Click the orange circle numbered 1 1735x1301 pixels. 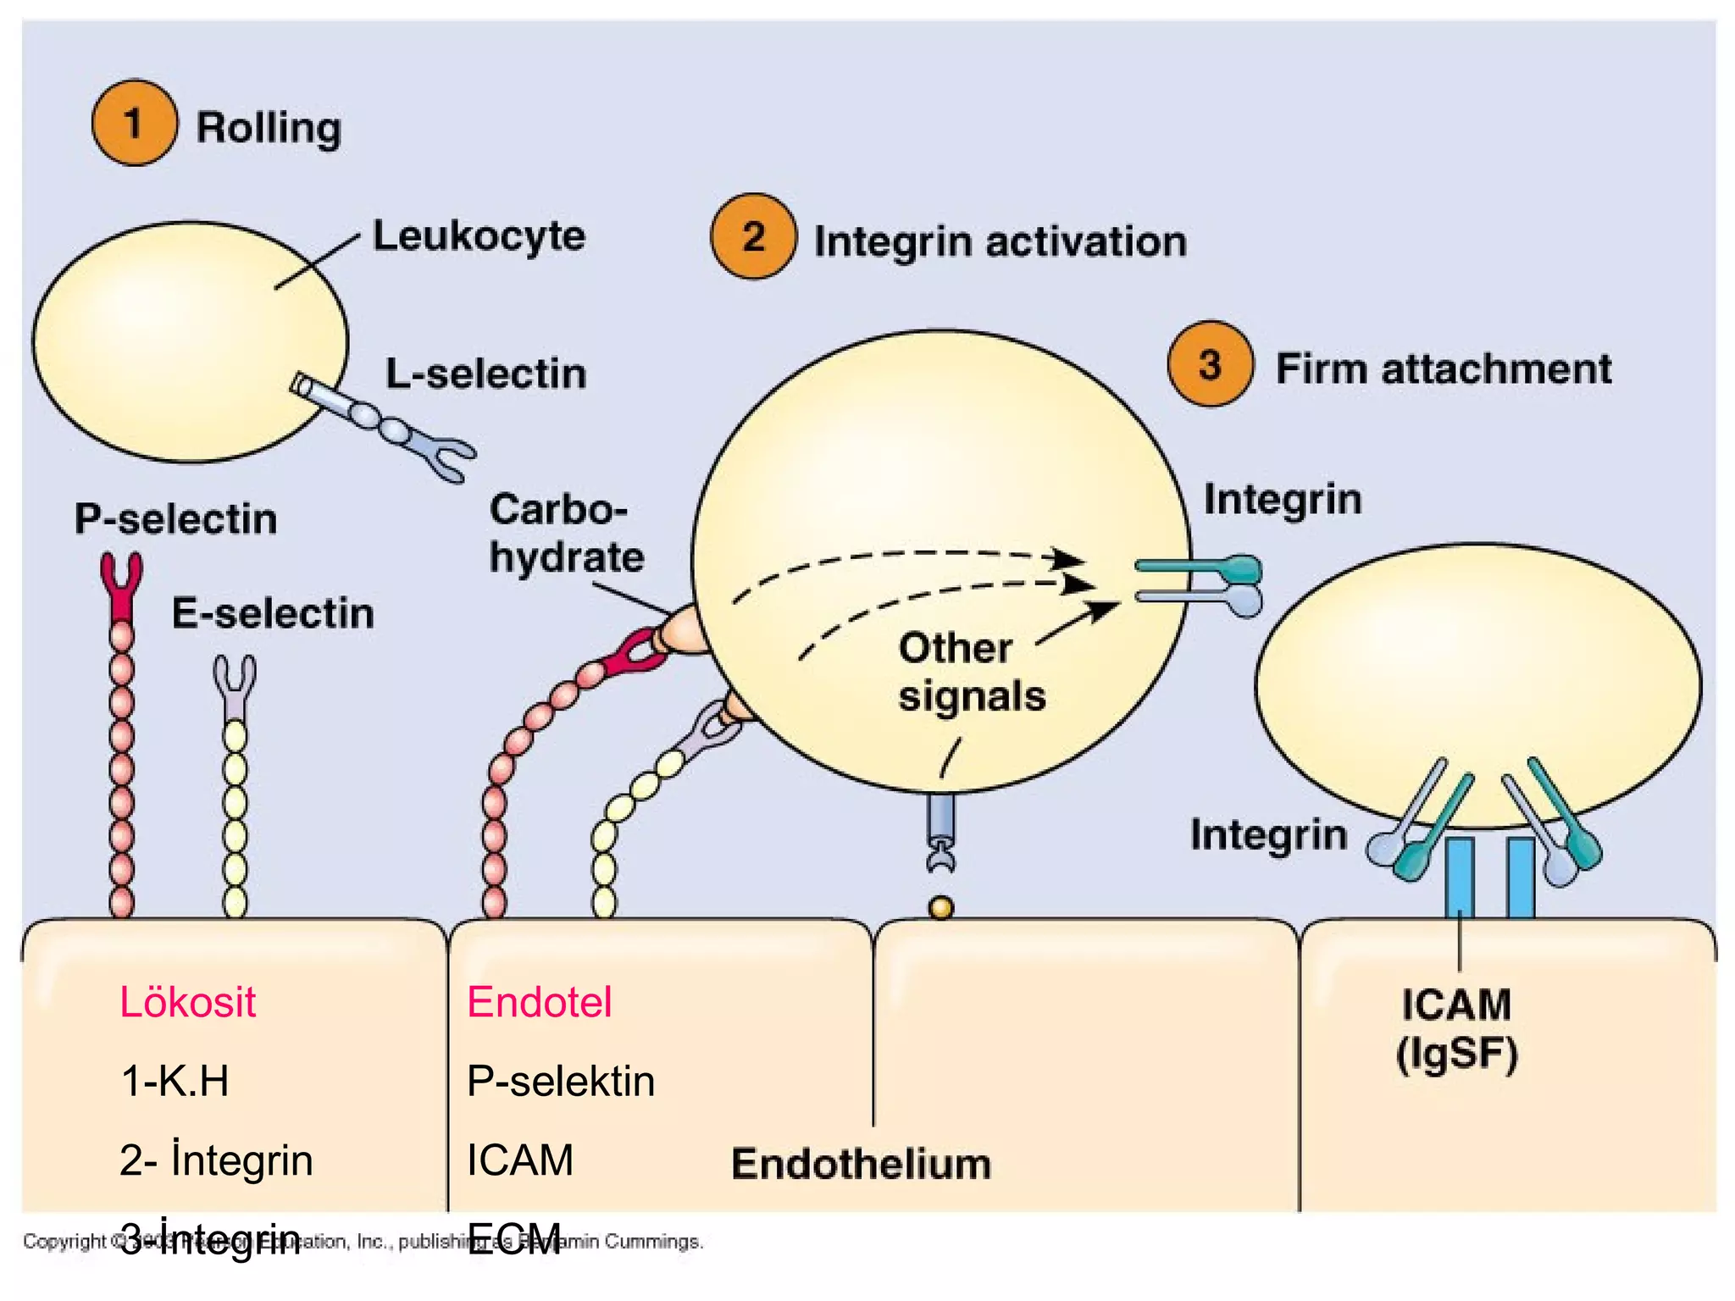(x=134, y=124)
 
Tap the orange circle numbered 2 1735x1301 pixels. (x=753, y=236)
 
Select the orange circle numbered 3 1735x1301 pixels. (x=1209, y=365)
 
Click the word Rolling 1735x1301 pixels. (x=269, y=128)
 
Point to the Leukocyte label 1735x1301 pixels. (x=479, y=235)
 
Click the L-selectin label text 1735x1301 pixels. (x=485, y=374)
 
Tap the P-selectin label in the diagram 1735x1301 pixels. (x=175, y=518)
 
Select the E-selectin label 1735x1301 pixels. (x=272, y=612)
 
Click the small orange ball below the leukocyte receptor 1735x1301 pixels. (x=940, y=908)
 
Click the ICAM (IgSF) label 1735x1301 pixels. (x=1456, y=1029)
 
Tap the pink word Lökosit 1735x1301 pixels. (x=187, y=1002)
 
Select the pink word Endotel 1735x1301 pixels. (x=539, y=1002)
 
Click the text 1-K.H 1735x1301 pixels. (x=175, y=1081)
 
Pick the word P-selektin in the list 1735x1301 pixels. (x=560, y=1081)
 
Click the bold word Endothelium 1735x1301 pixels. (x=861, y=1164)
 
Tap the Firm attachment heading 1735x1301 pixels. (x=1443, y=369)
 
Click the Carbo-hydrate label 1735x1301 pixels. (x=565, y=534)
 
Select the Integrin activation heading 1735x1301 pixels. (x=1000, y=241)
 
